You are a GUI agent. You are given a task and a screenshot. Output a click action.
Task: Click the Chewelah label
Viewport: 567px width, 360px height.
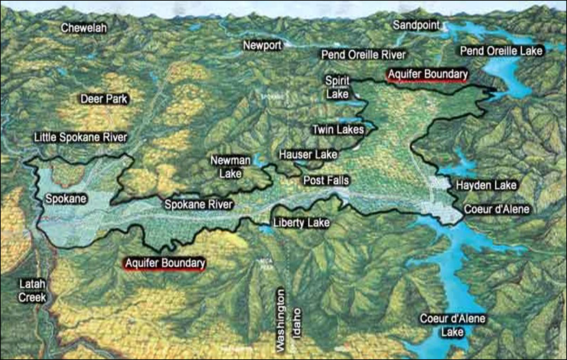tap(83, 28)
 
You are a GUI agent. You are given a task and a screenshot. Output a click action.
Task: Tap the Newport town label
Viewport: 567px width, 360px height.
tap(262, 46)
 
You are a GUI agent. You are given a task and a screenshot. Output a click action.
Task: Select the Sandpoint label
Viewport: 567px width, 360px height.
tap(416, 25)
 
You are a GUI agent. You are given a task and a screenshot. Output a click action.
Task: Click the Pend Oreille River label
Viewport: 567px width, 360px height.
tap(363, 54)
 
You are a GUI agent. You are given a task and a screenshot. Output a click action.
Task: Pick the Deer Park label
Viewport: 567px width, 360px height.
tap(104, 99)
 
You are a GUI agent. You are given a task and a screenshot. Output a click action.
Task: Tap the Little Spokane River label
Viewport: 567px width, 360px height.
tap(80, 138)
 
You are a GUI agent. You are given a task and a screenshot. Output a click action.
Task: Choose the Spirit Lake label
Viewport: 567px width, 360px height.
tap(337, 87)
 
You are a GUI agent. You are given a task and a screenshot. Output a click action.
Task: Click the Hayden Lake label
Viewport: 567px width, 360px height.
tap(486, 186)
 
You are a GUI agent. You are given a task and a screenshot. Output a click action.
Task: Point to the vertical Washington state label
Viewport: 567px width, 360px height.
tap(281, 320)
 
